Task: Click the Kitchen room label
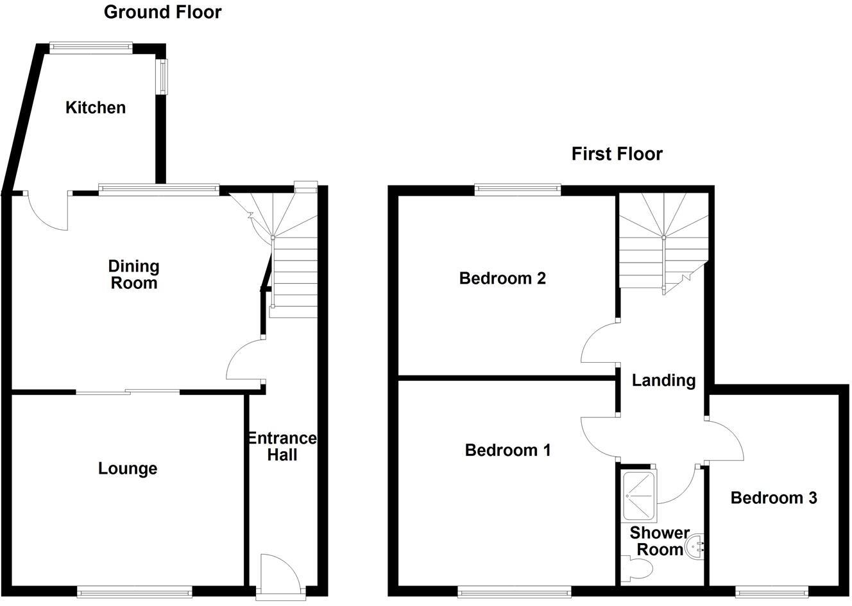pos(96,107)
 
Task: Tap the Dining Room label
pos(133,275)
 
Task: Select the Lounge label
pos(128,469)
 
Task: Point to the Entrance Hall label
pos(282,447)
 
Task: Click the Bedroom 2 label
pos(502,279)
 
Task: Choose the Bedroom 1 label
pos(507,450)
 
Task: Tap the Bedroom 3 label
pos(774,498)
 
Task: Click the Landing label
pos(663,381)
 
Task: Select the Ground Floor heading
pos(162,12)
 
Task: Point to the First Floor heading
pos(617,154)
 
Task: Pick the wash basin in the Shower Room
pos(695,548)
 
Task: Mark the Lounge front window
pos(134,591)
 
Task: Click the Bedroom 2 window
pos(517,189)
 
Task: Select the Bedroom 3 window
pos(771,591)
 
